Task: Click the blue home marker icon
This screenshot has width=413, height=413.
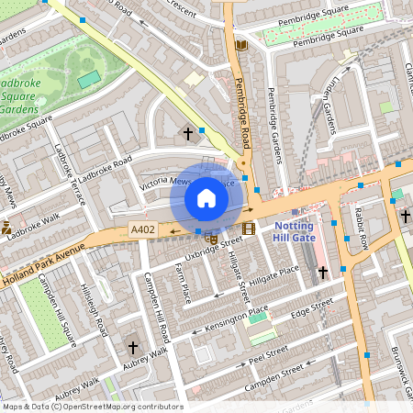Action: click(x=206, y=198)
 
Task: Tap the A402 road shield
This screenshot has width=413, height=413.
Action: click(x=142, y=230)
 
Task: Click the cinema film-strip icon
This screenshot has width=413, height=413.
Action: click(x=249, y=229)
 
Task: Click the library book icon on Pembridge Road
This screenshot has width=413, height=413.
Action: click(x=241, y=45)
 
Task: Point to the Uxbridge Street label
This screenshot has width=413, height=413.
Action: click(x=213, y=249)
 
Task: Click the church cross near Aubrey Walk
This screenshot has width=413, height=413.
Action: click(x=133, y=348)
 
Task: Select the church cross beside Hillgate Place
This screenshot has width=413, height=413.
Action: click(x=322, y=273)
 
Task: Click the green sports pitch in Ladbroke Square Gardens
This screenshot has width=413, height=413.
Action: click(x=89, y=80)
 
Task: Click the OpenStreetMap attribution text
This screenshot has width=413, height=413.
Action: click(x=92, y=407)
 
